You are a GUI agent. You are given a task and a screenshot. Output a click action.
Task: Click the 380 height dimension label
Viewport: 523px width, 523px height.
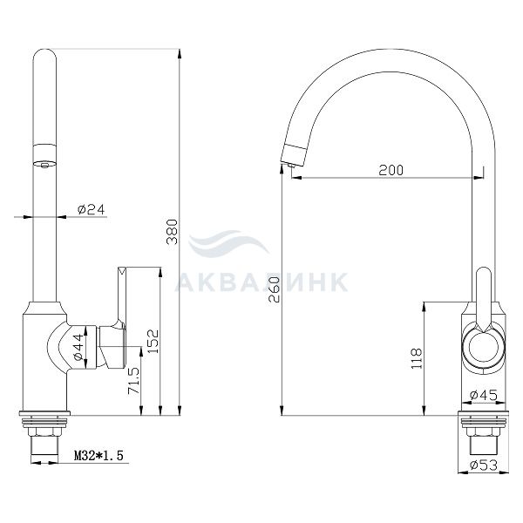(x=173, y=232)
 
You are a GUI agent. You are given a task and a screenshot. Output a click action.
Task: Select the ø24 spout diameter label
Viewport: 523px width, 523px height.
(x=91, y=209)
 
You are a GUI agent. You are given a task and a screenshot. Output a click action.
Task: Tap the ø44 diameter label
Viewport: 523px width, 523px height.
(x=79, y=347)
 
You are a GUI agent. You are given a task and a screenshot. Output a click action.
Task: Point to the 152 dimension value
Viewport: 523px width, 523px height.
(x=153, y=341)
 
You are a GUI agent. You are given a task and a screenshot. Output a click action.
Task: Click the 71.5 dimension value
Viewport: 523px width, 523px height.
(x=134, y=381)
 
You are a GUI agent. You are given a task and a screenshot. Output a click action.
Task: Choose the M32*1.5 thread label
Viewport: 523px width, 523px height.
(x=98, y=455)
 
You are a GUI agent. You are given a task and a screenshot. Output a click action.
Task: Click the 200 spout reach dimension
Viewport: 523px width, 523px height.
(x=391, y=170)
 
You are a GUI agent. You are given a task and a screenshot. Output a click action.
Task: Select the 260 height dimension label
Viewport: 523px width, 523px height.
(x=275, y=289)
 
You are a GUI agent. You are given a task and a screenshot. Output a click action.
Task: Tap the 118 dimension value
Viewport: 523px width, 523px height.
(x=417, y=358)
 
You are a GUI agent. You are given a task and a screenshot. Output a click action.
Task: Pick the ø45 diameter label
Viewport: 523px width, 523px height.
(x=484, y=395)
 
